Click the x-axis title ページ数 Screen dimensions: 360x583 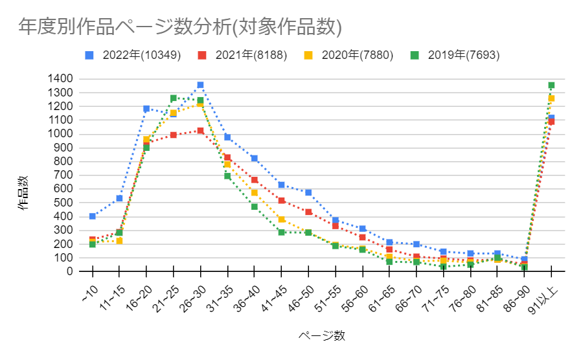[x=322, y=335]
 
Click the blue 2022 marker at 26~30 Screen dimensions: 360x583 [x=200, y=85]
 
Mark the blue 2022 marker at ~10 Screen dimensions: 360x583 [x=93, y=216]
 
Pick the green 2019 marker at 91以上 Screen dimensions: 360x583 [x=551, y=85]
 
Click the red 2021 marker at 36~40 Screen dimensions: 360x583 [x=255, y=180]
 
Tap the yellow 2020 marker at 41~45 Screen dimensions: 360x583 [x=281, y=219]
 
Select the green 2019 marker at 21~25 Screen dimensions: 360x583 [x=173, y=98]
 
